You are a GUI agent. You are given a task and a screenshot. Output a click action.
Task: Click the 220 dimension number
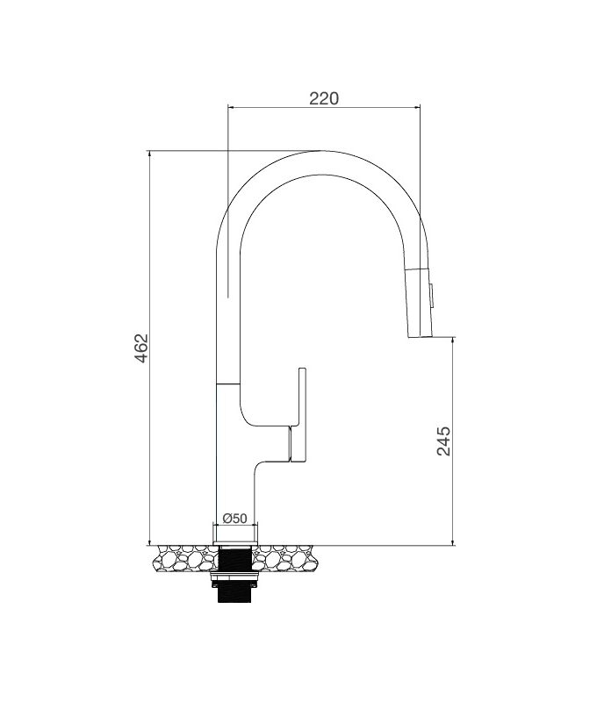324,97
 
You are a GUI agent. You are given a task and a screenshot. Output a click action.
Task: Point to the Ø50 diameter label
234,518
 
